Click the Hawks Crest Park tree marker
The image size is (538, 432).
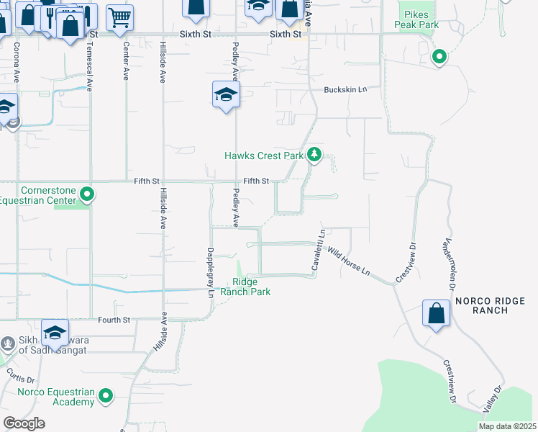[314, 155]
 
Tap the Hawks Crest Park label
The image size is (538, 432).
[264, 156]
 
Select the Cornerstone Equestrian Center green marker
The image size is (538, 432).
[87, 194]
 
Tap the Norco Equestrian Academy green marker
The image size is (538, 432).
[106, 395]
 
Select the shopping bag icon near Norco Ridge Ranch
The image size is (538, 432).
[436, 314]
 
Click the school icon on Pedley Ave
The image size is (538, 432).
[226, 95]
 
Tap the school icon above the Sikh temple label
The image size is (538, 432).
[55, 333]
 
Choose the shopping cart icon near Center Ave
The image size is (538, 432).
[120, 17]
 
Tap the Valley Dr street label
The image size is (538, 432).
[492, 397]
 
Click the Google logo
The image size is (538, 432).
[24, 423]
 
